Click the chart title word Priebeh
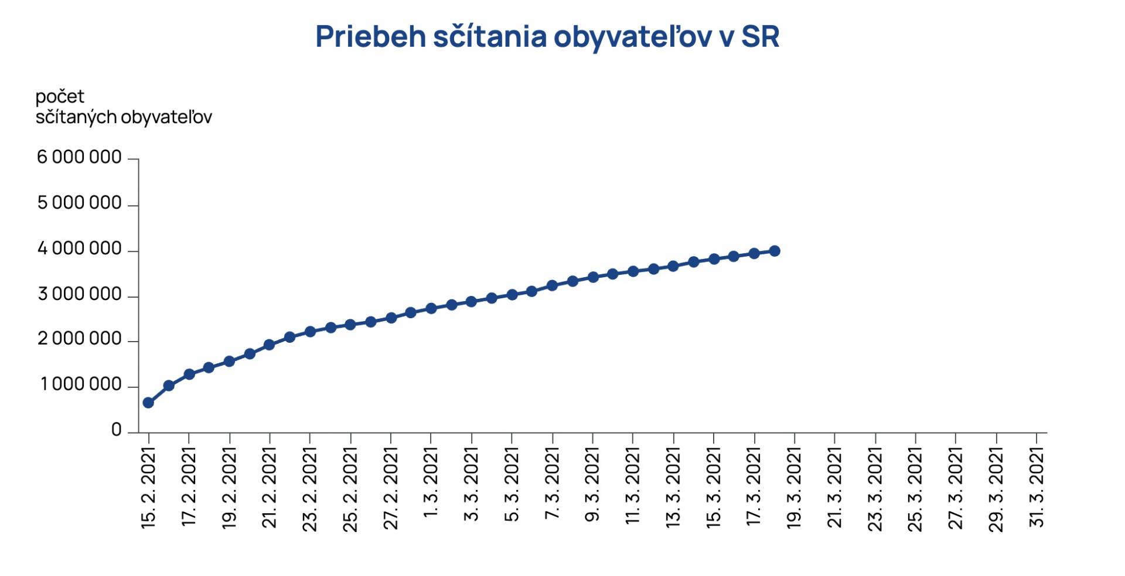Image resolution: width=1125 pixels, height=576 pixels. [370, 36]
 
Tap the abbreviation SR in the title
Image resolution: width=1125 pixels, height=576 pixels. [760, 36]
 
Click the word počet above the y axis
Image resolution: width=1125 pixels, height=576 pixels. [60, 96]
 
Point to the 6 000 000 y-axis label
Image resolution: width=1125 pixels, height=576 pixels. [79, 158]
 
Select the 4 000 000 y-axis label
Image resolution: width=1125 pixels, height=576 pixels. [79, 249]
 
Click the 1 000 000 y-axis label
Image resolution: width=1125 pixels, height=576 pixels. [81, 385]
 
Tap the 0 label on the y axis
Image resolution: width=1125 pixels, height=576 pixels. [117, 430]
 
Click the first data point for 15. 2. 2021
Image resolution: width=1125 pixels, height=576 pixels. [148, 403]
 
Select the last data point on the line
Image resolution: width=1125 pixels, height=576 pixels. [775, 251]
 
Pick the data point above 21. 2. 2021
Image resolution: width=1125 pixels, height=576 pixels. [270, 345]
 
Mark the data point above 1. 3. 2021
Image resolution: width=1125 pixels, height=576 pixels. [431, 308]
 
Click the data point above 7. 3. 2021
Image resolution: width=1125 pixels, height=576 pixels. [552, 285]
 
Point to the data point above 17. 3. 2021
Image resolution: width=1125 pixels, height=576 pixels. [754, 254]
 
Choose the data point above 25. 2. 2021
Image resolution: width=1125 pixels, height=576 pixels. [350, 325]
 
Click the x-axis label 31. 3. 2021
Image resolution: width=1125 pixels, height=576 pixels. [1037, 488]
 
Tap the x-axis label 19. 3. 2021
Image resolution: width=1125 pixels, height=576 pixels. [794, 488]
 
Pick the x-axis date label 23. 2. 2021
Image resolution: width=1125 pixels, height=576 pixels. [309, 489]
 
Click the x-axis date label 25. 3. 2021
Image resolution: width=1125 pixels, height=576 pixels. [915, 489]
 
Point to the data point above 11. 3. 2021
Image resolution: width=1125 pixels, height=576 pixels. [633, 271]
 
